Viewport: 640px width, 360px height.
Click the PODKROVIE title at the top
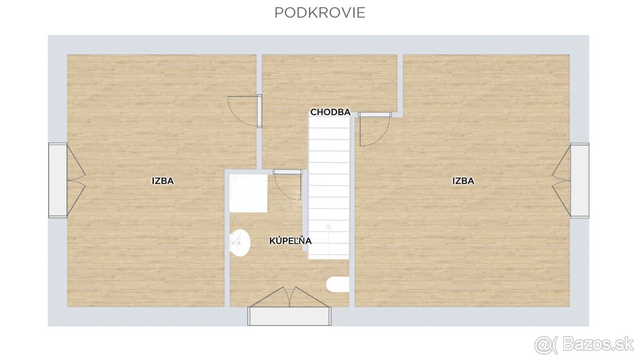[x=319, y=13]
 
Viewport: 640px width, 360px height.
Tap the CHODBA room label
[x=330, y=112]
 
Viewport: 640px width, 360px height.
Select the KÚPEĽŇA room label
[x=290, y=241]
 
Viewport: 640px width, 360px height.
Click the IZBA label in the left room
[x=163, y=181]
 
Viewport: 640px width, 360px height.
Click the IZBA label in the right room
[x=463, y=181]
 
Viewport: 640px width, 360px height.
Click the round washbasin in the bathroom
[x=241, y=243]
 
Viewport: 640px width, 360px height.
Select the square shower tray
[x=249, y=193]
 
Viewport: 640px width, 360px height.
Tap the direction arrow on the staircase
[x=329, y=235]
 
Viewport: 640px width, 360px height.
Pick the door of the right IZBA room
[x=373, y=130]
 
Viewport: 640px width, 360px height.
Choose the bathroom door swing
[x=289, y=186]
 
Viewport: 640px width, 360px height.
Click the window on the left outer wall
[x=58, y=180]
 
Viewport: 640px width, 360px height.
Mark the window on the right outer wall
[x=580, y=180]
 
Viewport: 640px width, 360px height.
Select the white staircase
[x=329, y=187]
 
